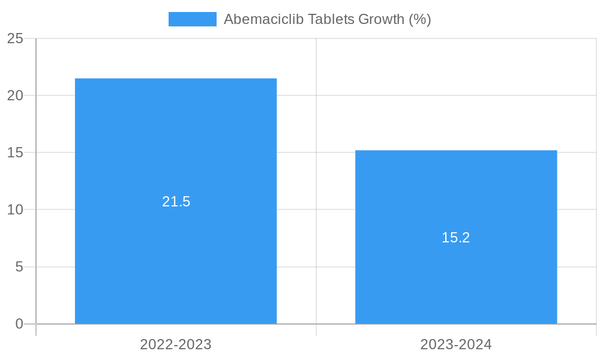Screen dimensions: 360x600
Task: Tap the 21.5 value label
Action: pyautogui.click(x=176, y=202)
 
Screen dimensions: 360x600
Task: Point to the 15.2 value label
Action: pyautogui.click(x=456, y=238)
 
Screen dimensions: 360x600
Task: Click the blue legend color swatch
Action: pyautogui.click(x=192, y=19)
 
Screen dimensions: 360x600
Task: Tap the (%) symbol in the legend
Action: pyautogui.click(x=420, y=19)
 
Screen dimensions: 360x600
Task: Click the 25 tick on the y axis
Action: pyautogui.click(x=16, y=38)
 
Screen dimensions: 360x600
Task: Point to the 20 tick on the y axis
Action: pyautogui.click(x=16, y=95)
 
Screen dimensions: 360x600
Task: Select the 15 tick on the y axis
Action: pyautogui.click(x=16, y=152)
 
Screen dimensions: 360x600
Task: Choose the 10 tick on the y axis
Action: pyautogui.click(x=16, y=209)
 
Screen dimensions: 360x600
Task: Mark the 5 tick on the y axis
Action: pyautogui.click(x=19, y=266)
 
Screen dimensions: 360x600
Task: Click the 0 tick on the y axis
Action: pyautogui.click(x=19, y=324)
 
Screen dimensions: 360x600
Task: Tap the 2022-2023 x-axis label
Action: pyautogui.click(x=176, y=344)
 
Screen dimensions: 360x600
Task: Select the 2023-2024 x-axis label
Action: pyautogui.click(x=456, y=344)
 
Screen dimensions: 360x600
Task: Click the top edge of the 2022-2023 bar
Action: pyautogui.click(x=176, y=79)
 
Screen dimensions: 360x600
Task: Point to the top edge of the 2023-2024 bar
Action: pyautogui.click(x=456, y=151)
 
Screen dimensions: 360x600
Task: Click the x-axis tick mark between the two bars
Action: pyautogui.click(x=316, y=330)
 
